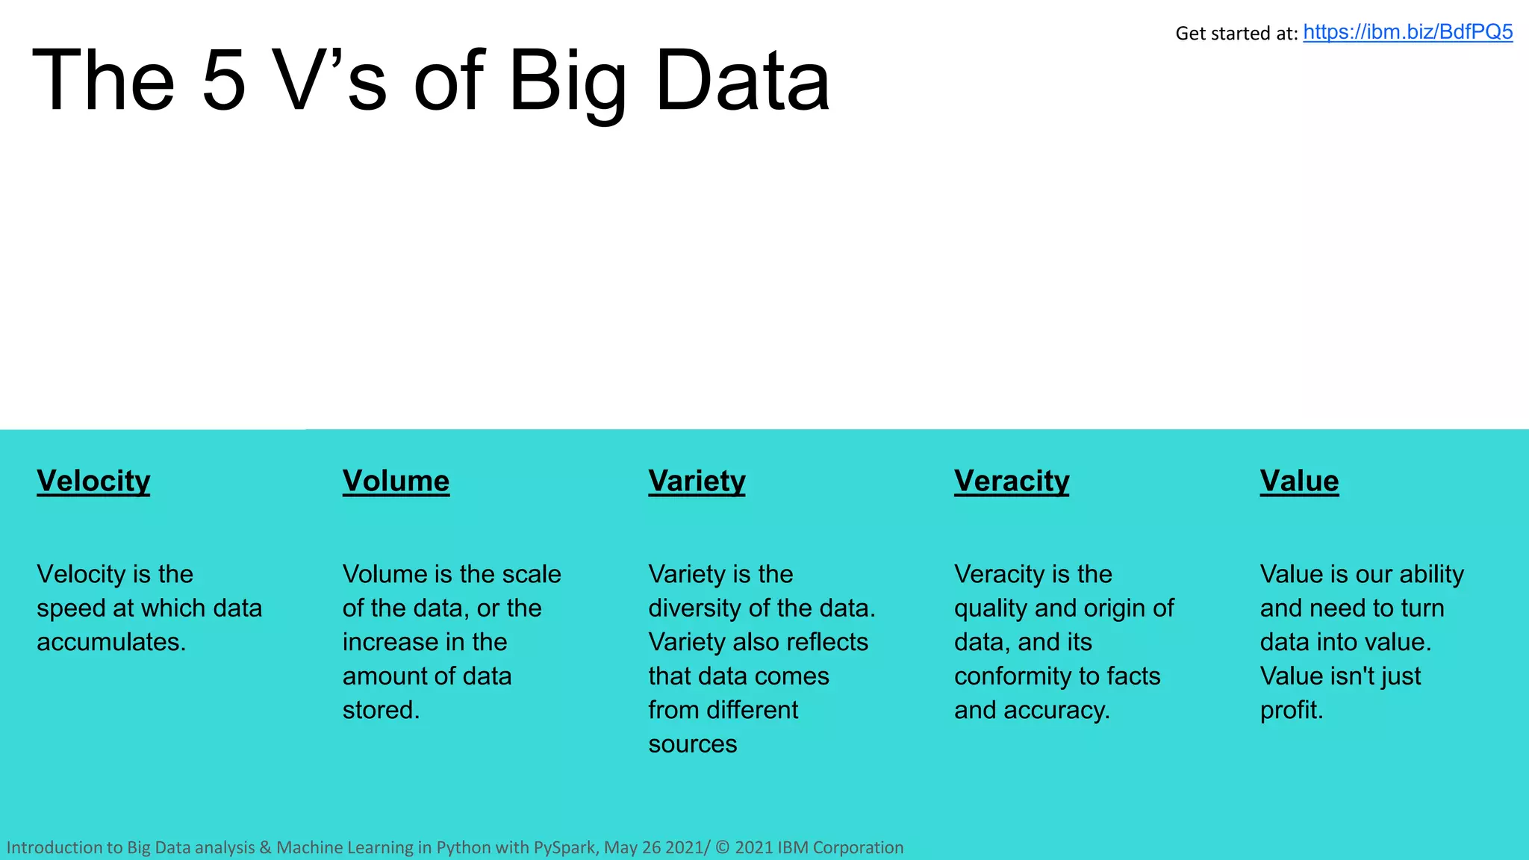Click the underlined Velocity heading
click(x=93, y=482)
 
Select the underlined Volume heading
click(x=396, y=482)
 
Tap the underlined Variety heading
click(x=697, y=482)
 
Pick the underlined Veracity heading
click(x=1012, y=482)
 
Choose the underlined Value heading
click(x=1299, y=482)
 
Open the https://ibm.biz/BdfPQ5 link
click(x=1407, y=32)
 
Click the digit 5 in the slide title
click(x=224, y=81)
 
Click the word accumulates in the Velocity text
click(x=110, y=643)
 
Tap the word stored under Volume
click(x=379, y=710)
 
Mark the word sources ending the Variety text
click(x=692, y=744)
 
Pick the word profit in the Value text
click(x=1290, y=711)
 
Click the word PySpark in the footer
click(x=564, y=847)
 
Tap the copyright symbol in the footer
click(x=722, y=847)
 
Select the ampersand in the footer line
click(x=265, y=847)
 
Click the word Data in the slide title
click(x=742, y=81)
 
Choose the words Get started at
click(x=1236, y=34)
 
